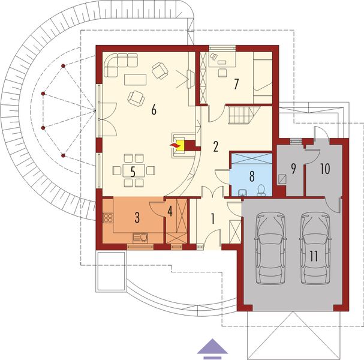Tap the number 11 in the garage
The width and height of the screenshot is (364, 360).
click(x=313, y=255)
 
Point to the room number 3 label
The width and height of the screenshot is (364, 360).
click(x=137, y=216)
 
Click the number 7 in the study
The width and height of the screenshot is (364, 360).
click(x=237, y=84)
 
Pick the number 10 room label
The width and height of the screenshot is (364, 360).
click(x=325, y=169)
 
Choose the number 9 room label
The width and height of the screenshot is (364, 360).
click(x=293, y=169)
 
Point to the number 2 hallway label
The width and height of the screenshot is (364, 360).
click(x=215, y=146)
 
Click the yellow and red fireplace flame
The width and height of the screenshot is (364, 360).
click(x=176, y=145)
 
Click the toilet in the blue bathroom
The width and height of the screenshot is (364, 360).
click(x=261, y=191)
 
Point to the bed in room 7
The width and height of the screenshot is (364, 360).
click(x=263, y=75)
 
